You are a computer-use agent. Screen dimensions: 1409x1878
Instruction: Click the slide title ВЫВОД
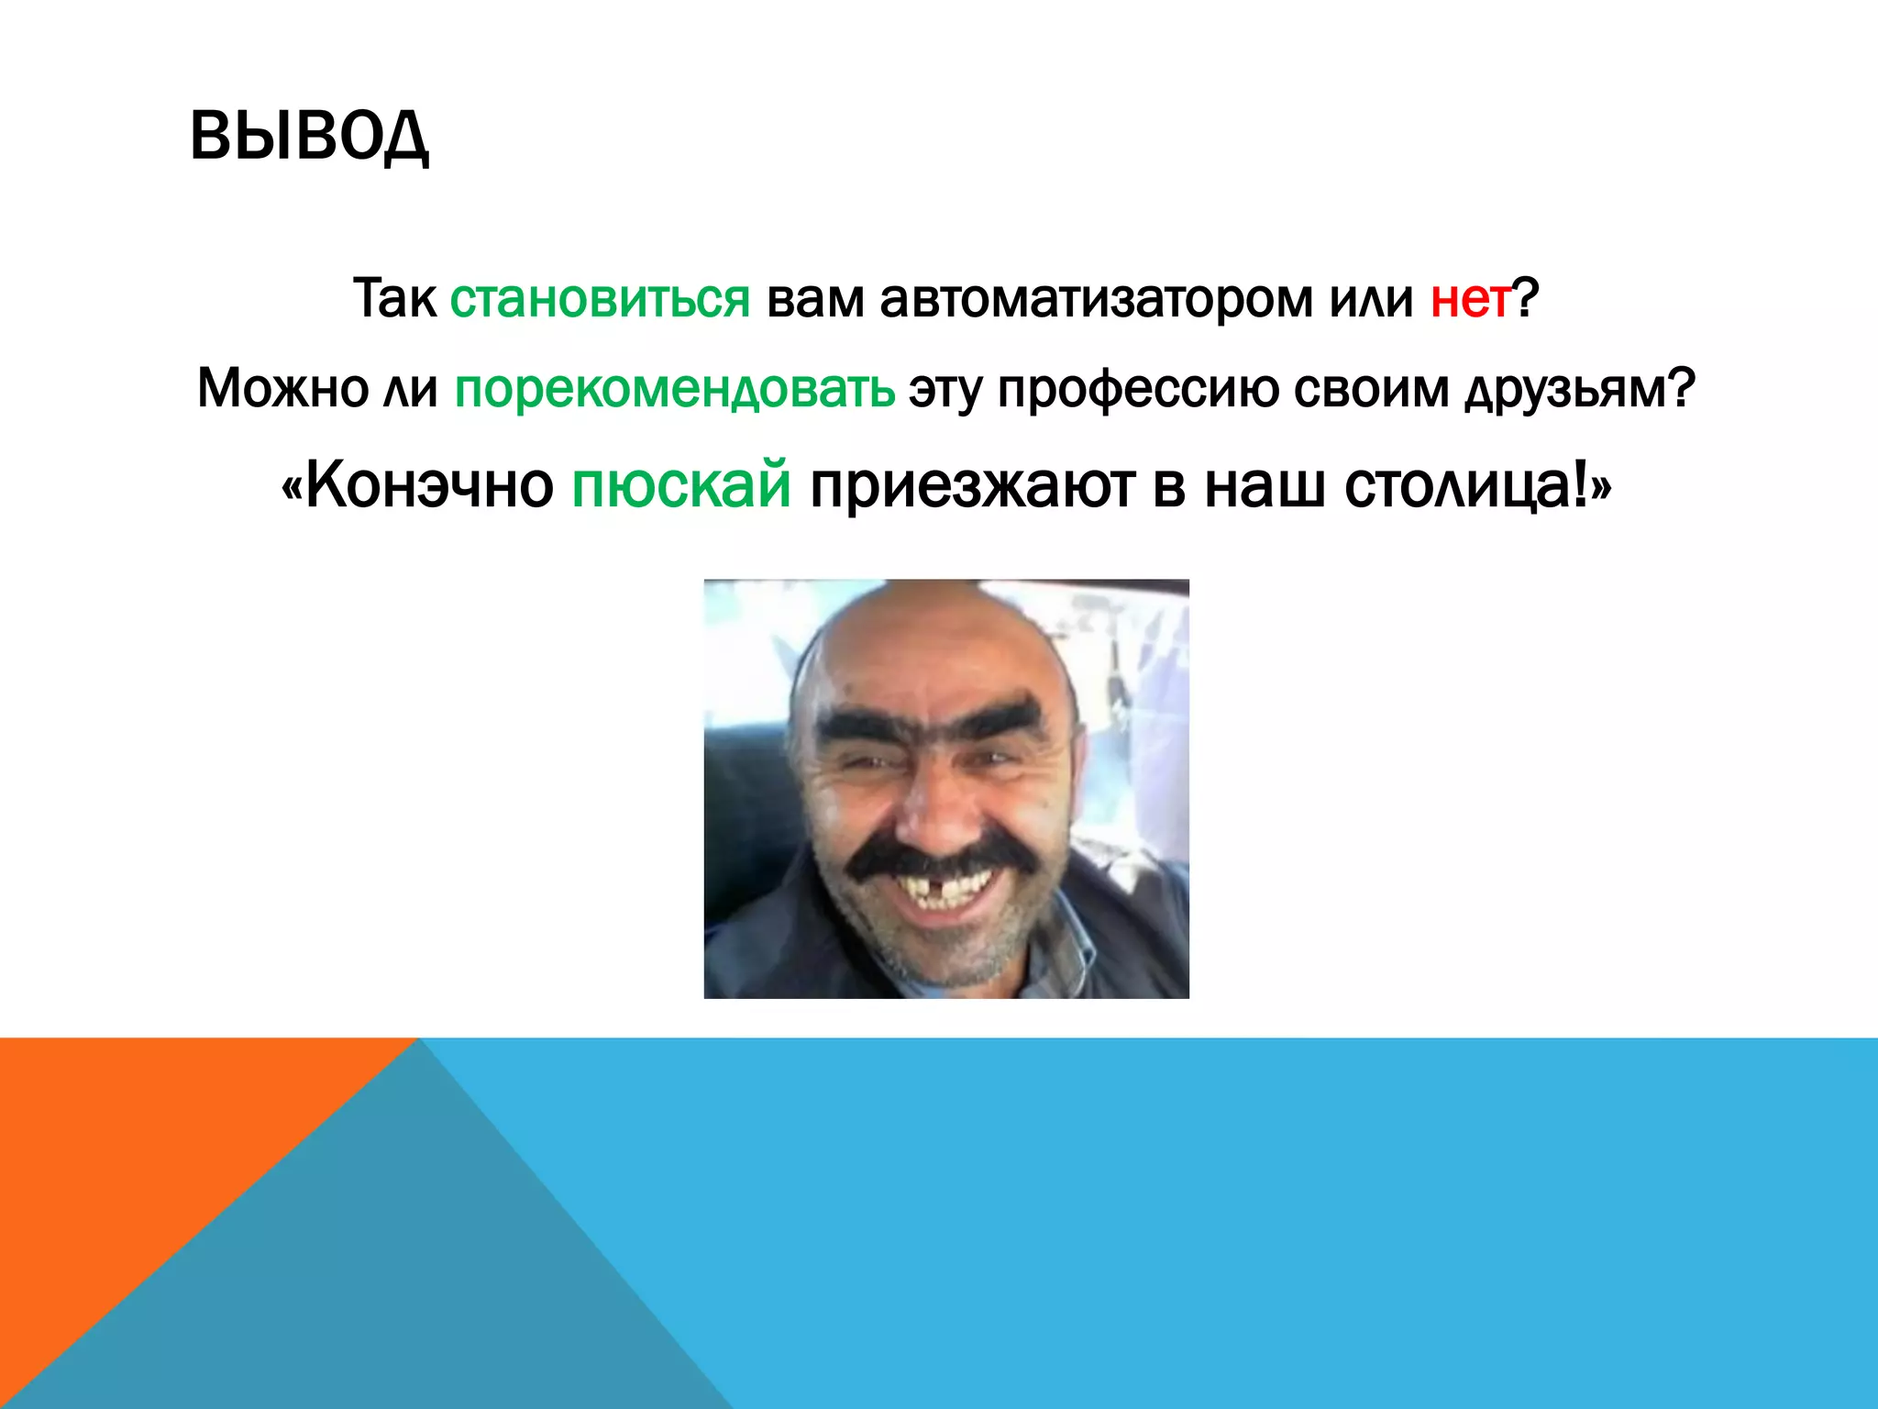pyautogui.click(x=309, y=136)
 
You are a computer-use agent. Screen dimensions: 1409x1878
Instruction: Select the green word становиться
pyautogui.click(x=600, y=299)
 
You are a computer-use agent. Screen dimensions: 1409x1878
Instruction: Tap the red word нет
pyautogui.click(x=1470, y=299)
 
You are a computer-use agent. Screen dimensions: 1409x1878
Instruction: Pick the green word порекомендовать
pyautogui.click(x=674, y=389)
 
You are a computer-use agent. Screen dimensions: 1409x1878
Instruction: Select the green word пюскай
pyautogui.click(x=680, y=486)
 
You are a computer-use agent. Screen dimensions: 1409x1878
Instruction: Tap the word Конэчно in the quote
pyautogui.click(x=429, y=486)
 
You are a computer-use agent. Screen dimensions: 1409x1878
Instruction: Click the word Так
pyautogui.click(x=394, y=299)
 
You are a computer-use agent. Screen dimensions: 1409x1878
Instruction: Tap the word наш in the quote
pyautogui.click(x=1264, y=486)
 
